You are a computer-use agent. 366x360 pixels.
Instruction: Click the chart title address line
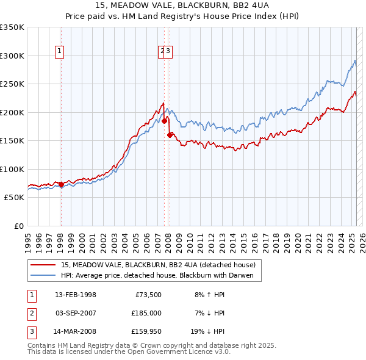[x=183, y=5]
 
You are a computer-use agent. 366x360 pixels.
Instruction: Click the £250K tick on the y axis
[x=12, y=84]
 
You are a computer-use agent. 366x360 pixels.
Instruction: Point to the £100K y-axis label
[x=12, y=169]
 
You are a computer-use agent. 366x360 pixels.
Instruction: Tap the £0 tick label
[x=18, y=226]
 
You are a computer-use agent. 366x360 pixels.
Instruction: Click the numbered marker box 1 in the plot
[x=60, y=52]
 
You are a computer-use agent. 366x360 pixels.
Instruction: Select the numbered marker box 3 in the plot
[x=169, y=52]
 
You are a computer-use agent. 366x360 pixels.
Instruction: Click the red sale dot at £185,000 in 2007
[x=164, y=121]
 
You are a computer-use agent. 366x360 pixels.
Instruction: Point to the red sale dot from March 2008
[x=170, y=135]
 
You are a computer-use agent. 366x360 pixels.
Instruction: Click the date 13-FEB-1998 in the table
[x=76, y=295]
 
